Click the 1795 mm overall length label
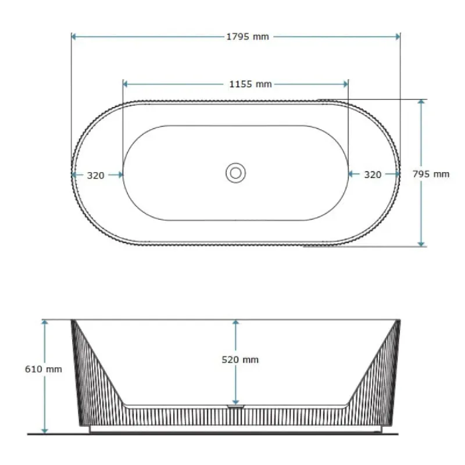pyautogui.click(x=248, y=37)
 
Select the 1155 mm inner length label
pyautogui.click(x=251, y=84)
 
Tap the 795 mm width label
pyautogui.click(x=431, y=174)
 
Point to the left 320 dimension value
pyautogui.click(x=95, y=176)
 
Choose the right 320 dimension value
pyautogui.click(x=373, y=175)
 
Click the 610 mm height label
pyautogui.click(x=43, y=369)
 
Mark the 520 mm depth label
pyautogui.click(x=240, y=360)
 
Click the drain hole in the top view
pyautogui.click(x=236, y=173)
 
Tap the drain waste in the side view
pyautogui.click(x=236, y=406)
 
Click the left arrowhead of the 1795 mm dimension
pyautogui.click(x=74, y=37)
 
